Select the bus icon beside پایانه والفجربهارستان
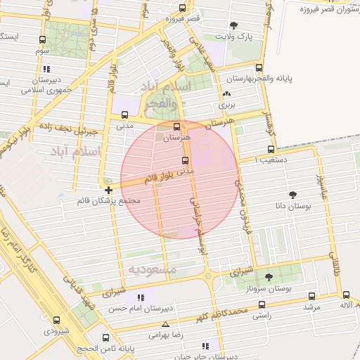point(260,69)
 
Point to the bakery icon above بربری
point(226,94)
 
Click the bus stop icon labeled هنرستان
point(176,127)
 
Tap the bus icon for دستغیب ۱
point(271,149)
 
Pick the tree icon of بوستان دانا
point(292,195)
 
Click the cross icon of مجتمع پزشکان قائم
point(108,190)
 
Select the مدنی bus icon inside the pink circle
point(185,160)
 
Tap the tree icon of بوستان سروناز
point(269,277)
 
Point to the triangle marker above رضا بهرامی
point(165,324)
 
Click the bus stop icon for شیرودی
point(56,320)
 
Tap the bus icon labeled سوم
point(43,40)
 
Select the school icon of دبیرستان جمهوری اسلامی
point(46,69)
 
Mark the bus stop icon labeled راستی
point(262,305)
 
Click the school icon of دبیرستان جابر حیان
point(205,346)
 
